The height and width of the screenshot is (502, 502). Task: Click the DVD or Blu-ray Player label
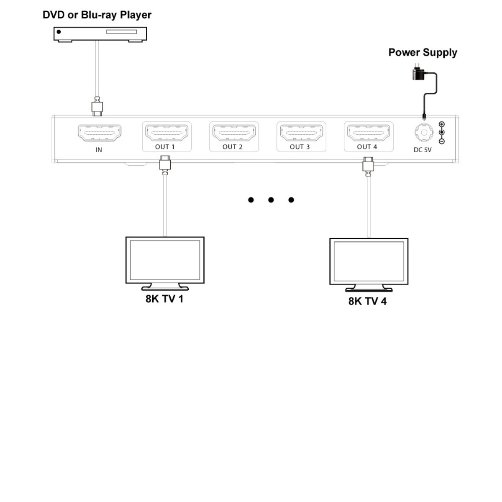point(97,15)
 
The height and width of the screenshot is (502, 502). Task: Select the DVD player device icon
point(100,34)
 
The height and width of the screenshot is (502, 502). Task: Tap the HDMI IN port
point(100,133)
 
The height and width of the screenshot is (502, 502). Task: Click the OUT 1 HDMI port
point(167,133)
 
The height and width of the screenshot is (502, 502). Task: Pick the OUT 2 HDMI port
point(234,133)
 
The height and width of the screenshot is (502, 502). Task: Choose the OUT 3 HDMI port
point(301,133)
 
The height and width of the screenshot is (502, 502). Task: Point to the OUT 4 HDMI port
point(369,133)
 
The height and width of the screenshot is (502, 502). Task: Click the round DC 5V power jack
point(424,133)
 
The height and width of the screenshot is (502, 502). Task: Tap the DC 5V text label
point(422,150)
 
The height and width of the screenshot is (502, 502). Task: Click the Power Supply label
point(423,53)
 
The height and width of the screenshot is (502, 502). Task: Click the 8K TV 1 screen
point(165,260)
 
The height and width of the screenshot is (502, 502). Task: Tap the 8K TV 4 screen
point(369,261)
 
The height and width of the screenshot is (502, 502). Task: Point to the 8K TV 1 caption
point(164,299)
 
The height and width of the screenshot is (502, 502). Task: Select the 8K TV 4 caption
point(367,301)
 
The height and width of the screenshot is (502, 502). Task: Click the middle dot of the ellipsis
point(271,200)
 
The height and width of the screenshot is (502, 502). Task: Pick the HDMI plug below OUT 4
point(368,164)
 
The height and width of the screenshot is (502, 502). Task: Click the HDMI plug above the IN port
point(97,106)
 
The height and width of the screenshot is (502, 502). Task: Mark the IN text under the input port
point(99,150)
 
